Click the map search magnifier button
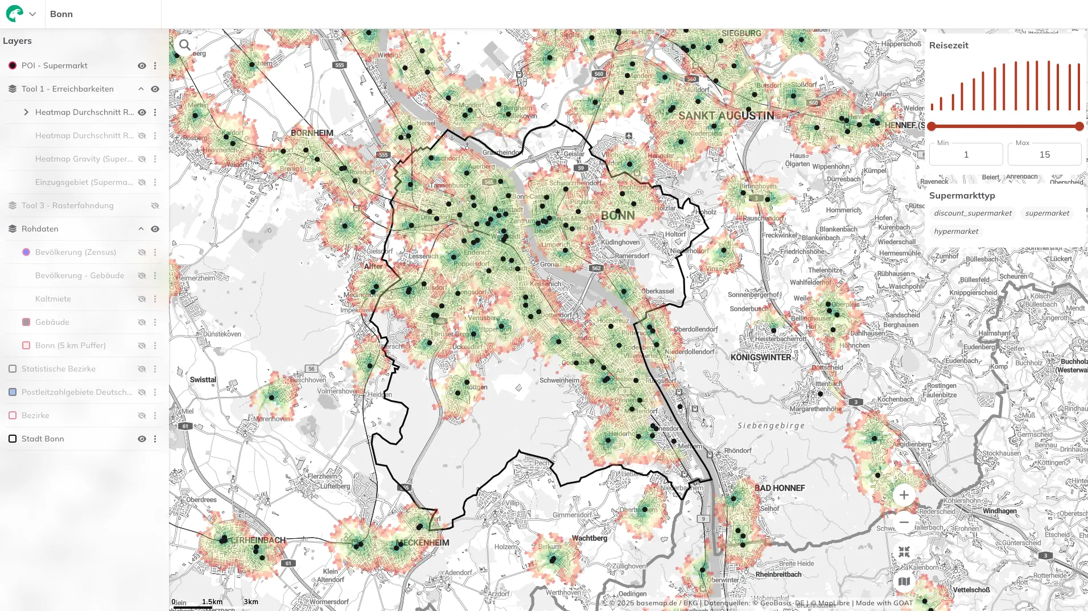click(x=185, y=45)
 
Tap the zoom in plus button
click(x=904, y=495)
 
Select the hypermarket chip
click(x=956, y=232)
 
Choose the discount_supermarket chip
click(x=972, y=213)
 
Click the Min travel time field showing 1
click(x=966, y=154)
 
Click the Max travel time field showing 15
click(x=1044, y=154)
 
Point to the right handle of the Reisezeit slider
click(x=1079, y=126)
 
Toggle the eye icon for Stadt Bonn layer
click(x=142, y=439)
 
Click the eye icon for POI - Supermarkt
click(x=142, y=65)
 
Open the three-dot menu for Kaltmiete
click(x=155, y=299)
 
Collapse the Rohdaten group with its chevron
click(x=141, y=229)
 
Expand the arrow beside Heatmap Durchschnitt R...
click(x=26, y=112)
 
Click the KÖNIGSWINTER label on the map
click(x=761, y=357)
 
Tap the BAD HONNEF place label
click(x=780, y=488)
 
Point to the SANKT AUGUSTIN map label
click(x=726, y=115)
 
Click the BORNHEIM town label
click(x=312, y=133)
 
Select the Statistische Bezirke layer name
click(x=59, y=369)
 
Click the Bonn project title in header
click(x=61, y=14)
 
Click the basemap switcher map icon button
click(x=904, y=581)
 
